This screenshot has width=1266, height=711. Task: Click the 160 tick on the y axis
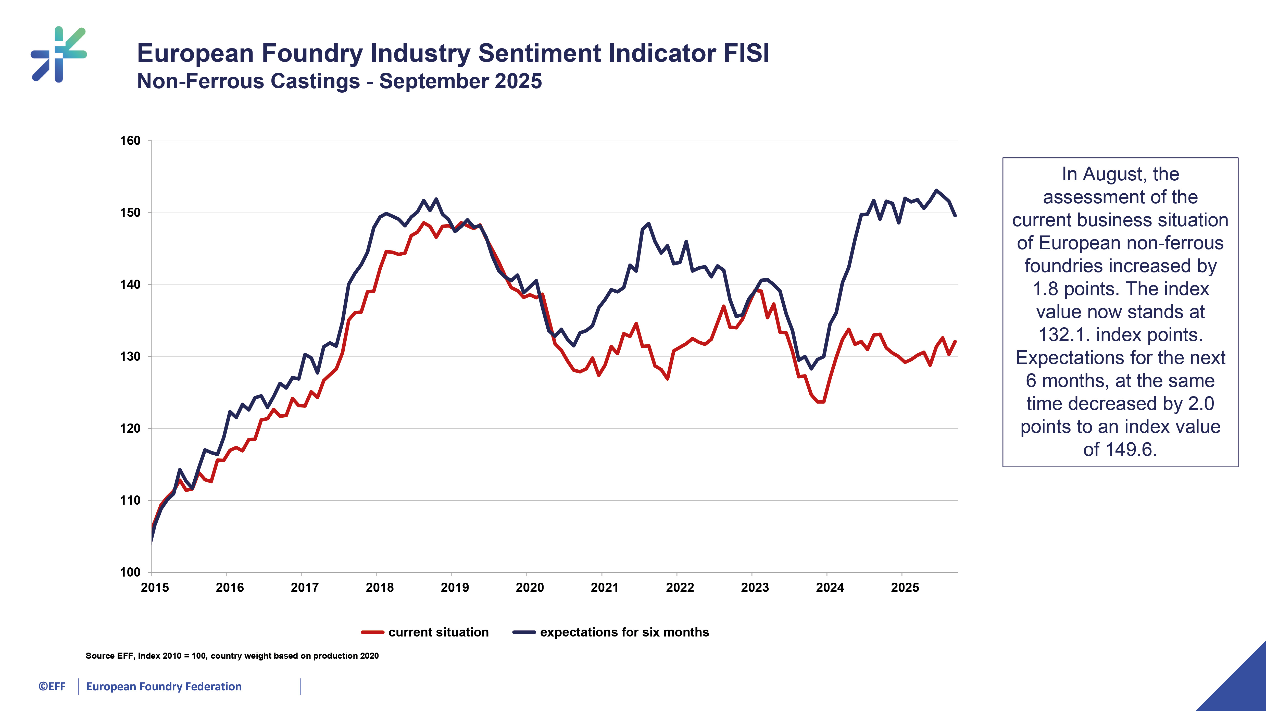(130, 141)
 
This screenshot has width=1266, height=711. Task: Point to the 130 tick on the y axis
(130, 357)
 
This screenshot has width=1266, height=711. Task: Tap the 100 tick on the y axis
(130, 572)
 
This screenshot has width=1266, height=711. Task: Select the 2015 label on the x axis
(155, 588)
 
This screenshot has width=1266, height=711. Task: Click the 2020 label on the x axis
(530, 588)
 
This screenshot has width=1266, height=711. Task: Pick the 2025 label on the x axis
(905, 588)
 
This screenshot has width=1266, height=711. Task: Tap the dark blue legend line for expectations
(524, 632)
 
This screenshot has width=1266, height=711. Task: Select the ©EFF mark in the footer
(52, 687)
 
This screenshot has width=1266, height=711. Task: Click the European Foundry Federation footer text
(164, 687)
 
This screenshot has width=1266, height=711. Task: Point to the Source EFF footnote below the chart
(232, 656)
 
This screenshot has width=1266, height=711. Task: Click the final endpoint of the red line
(955, 342)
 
